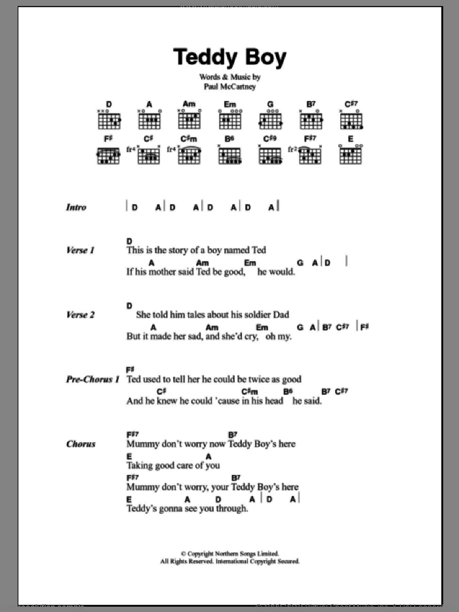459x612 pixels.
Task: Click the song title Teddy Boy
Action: coord(229,58)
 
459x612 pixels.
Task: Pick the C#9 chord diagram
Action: coord(269,155)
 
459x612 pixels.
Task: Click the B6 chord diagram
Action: coord(229,155)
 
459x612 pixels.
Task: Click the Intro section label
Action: coord(76,208)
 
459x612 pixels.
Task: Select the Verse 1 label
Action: coord(81,251)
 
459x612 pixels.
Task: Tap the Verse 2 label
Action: coord(81,315)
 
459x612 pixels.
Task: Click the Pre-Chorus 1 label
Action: coord(93,379)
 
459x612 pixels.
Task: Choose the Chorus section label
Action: coord(81,444)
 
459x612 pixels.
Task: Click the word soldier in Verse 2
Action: coord(252,315)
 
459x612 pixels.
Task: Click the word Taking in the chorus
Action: coord(141,466)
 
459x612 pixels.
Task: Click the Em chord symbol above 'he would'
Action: coord(250,262)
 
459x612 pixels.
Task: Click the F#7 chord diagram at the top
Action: coord(309,155)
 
